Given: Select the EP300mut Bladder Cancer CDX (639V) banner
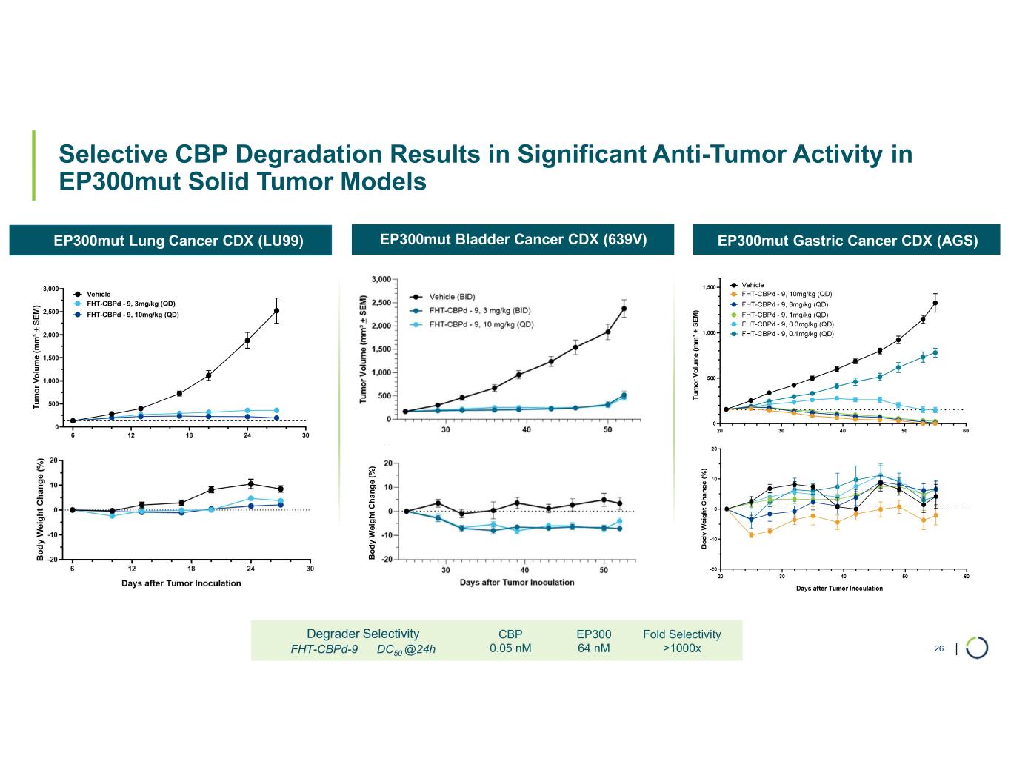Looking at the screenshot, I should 513,240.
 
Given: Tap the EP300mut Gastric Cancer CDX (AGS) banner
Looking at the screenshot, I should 847,241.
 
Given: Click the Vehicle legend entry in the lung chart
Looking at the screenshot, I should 99,294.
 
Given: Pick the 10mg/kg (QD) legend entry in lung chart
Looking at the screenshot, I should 132,315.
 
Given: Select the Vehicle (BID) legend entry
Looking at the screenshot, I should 453,296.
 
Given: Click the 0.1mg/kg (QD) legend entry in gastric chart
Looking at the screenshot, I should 787,334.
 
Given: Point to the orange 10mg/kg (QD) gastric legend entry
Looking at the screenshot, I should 787,295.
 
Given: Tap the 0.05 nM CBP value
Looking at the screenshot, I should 510,648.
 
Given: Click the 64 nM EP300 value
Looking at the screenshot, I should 593,648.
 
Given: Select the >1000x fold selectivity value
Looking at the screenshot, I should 681,648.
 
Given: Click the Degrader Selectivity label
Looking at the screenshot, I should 363,634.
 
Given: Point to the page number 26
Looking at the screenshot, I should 938,649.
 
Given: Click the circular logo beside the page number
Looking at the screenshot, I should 977,647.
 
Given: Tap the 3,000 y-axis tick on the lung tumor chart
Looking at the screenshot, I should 50,289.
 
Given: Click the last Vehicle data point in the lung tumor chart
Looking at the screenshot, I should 276,310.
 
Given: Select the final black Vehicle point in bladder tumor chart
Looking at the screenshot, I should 624,309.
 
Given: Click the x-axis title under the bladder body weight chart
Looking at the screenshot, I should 516,583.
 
